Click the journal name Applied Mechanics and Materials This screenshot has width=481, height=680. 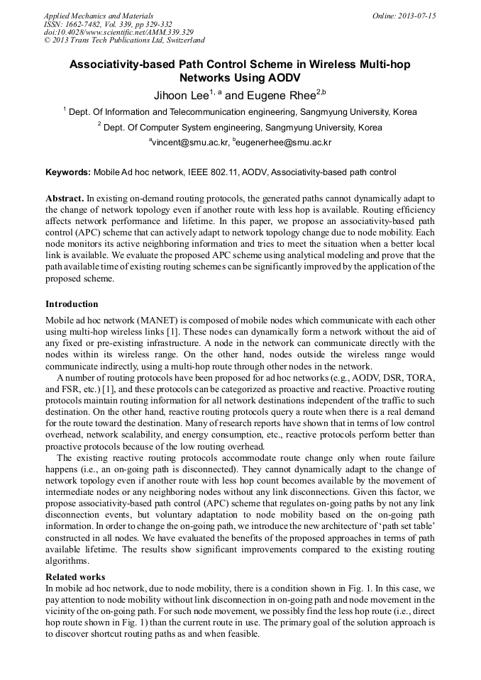click(x=99, y=15)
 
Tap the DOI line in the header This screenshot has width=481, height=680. click(x=118, y=32)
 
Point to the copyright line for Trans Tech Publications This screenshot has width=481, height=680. click(x=124, y=40)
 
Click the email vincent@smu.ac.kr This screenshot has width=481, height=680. click(x=190, y=143)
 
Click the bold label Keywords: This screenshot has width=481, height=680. click(x=68, y=172)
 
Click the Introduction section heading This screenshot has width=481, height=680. click(x=72, y=304)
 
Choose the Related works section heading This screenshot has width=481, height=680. click(x=75, y=576)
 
